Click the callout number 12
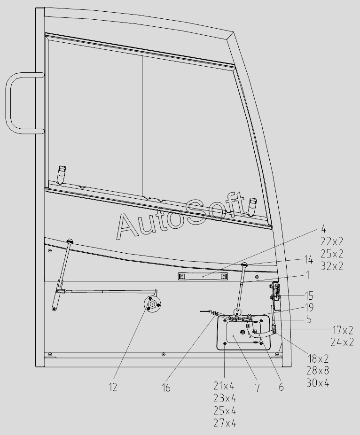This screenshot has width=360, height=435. tap(113, 387)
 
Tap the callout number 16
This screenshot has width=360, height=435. tap(166, 388)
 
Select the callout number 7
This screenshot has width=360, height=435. tap(258, 388)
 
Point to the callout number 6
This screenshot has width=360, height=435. tap(281, 387)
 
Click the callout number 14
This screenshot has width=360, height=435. tap(308, 260)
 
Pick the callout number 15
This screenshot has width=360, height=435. tap(309, 296)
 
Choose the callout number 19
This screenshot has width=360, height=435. tap(309, 307)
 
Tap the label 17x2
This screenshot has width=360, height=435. tap(343, 330)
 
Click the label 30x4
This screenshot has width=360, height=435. tap(318, 383)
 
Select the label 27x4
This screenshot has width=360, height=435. tap(225, 423)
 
